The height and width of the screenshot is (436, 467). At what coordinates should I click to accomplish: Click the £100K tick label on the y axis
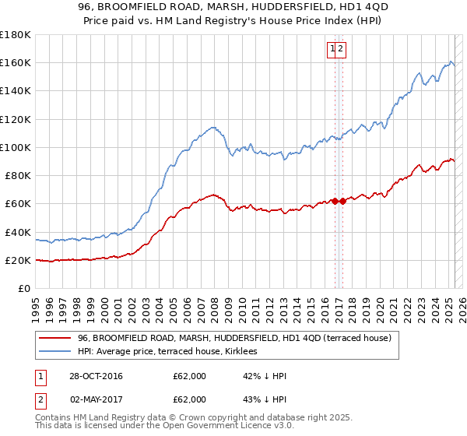[16, 147]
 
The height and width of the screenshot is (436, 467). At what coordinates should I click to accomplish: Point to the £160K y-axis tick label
[16, 62]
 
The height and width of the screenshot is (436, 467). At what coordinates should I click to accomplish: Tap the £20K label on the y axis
[18, 261]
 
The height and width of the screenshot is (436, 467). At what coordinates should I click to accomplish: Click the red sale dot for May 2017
[342, 201]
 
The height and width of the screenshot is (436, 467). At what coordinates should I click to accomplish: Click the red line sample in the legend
[54, 338]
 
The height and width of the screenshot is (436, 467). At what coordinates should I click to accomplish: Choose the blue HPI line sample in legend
[54, 351]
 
